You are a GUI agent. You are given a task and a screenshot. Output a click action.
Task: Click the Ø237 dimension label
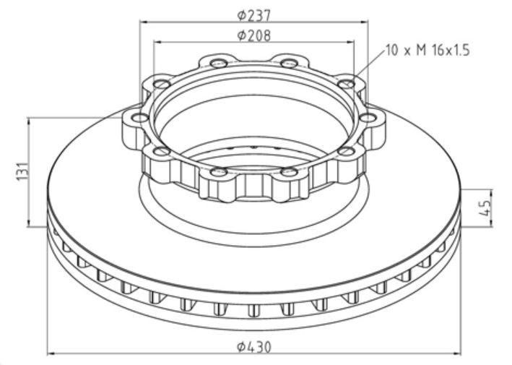tap(254, 15)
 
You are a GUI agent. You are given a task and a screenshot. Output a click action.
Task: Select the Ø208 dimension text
tap(254, 35)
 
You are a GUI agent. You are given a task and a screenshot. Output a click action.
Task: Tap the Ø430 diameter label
tap(254, 347)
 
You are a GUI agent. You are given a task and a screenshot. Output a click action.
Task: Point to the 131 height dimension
tap(22, 171)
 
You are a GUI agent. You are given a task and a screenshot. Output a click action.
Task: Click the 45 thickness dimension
tap(485, 208)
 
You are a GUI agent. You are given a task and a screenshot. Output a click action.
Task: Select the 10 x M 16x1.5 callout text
tap(428, 51)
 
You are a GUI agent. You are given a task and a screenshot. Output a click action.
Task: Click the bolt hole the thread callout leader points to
tap(346, 85)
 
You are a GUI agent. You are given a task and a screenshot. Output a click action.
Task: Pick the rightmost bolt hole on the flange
tap(368, 118)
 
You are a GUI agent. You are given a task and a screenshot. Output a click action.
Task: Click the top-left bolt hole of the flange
tap(219, 63)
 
